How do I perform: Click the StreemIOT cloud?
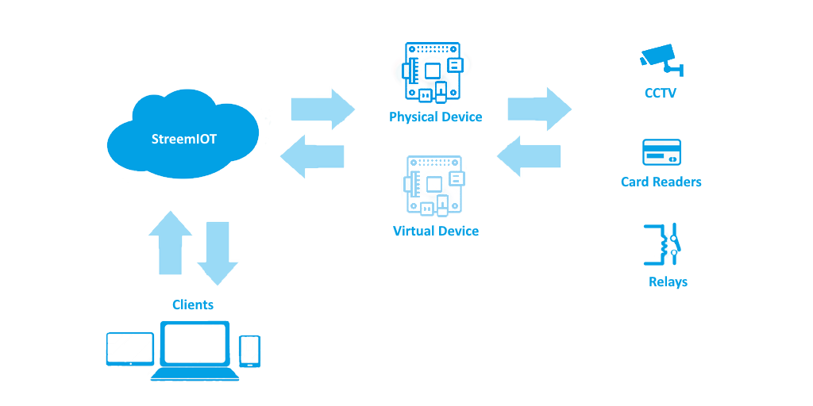[184, 137]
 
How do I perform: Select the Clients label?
[193, 304]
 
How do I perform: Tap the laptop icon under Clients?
[195, 350]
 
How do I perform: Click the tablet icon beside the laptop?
[130, 349]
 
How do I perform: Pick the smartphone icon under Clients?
[249, 351]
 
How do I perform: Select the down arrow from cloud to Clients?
[217, 252]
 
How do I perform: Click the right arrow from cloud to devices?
[322, 109]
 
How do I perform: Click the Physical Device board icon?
[433, 72]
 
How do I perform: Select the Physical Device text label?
[435, 117]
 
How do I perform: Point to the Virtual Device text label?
[436, 232]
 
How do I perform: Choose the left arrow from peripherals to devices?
[529, 156]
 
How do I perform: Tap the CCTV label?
[661, 93]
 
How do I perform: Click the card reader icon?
[661, 152]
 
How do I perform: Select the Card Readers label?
[661, 182]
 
